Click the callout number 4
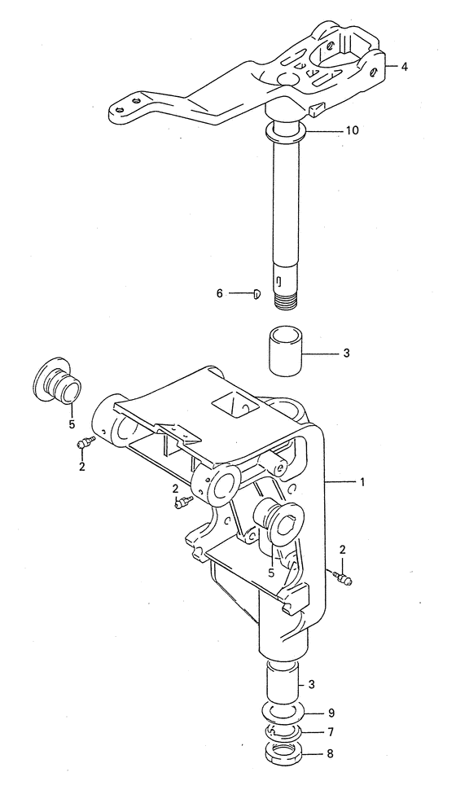[x=405, y=66]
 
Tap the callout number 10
[x=352, y=130]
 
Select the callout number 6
[x=219, y=292]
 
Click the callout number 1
[x=362, y=482]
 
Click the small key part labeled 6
[x=256, y=294]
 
